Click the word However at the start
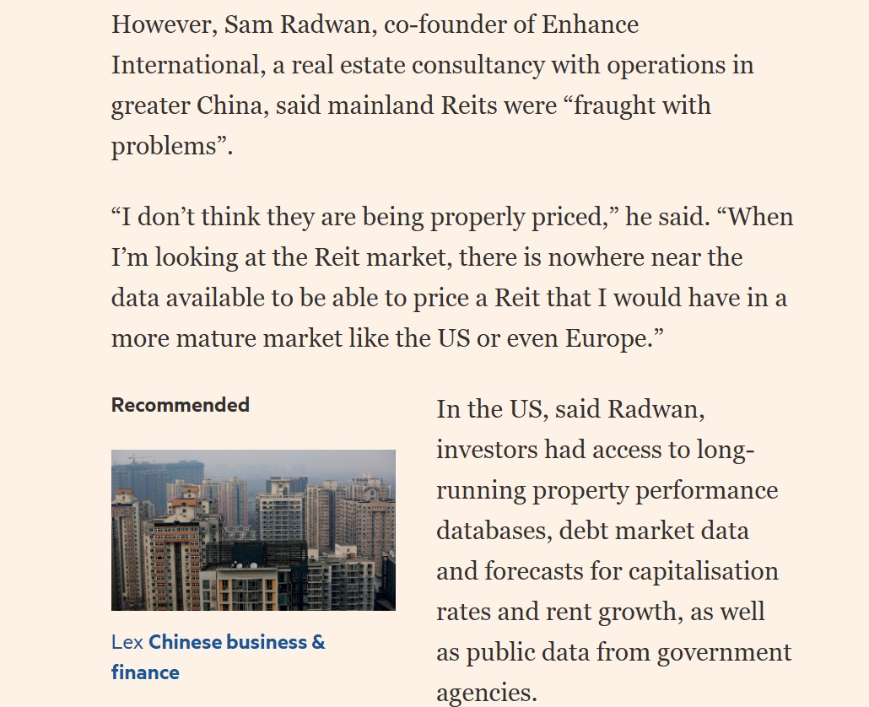point(160,24)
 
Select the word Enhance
point(590,24)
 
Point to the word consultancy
point(510,65)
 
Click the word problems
point(165,146)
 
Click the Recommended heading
point(181,405)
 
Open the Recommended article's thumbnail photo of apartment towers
point(253,530)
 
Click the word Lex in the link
point(127,642)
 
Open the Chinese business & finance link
point(236,642)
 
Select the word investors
point(487,450)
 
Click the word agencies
point(485,693)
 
